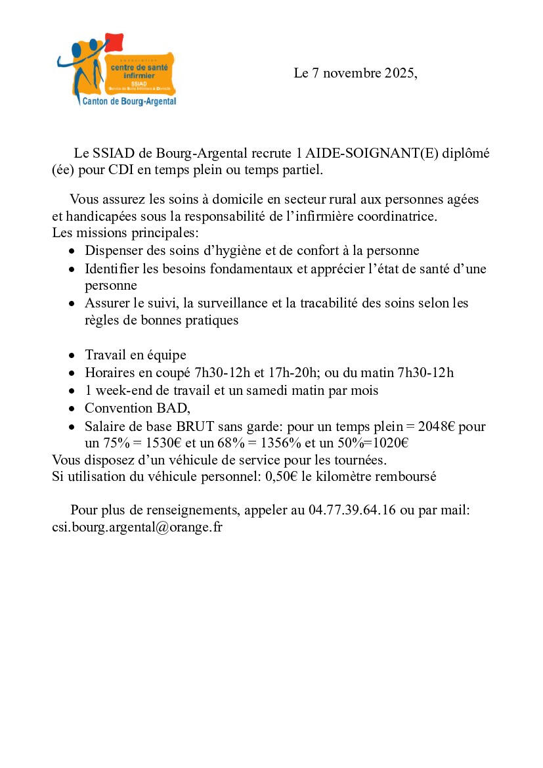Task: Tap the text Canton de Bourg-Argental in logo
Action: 129,101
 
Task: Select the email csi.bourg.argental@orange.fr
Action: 137,527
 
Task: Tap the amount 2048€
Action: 439,426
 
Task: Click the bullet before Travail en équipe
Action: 72,355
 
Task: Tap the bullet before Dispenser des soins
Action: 72,251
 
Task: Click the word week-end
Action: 120,390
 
